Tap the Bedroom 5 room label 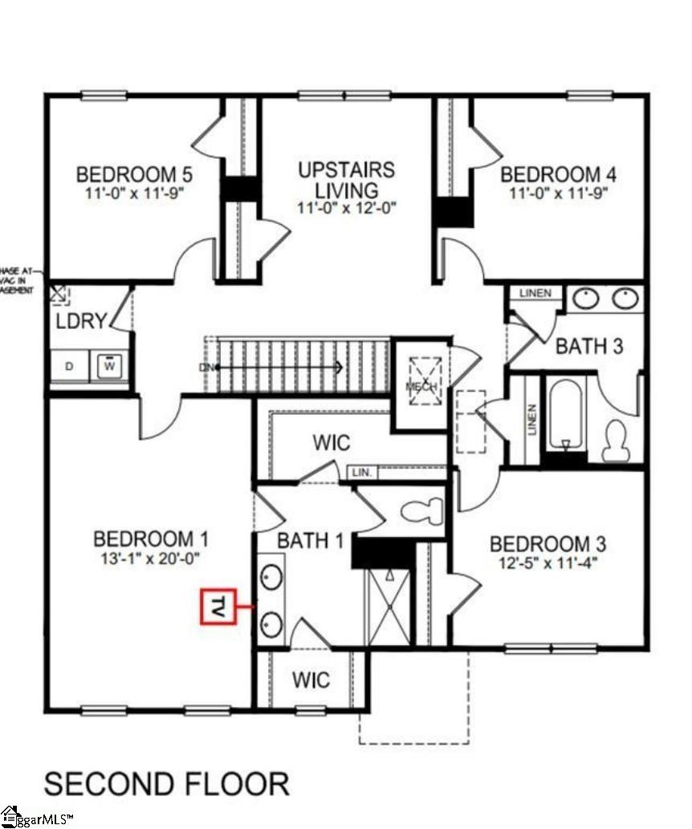point(134,174)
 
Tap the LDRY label point(81,321)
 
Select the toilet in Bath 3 point(617,439)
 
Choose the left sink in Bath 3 point(588,299)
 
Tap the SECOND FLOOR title point(166,783)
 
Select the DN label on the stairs point(207,368)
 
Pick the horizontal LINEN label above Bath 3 point(535,294)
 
